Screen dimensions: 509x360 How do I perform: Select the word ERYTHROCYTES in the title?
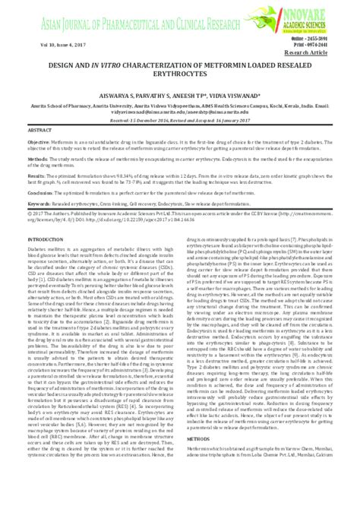[179, 74]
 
